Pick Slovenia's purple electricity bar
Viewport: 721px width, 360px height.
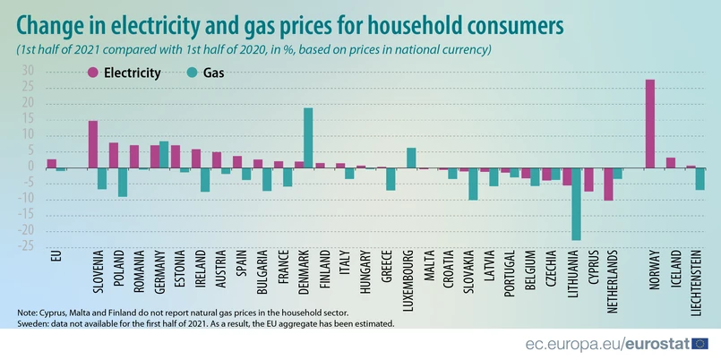click(92, 144)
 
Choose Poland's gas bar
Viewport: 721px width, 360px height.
click(123, 182)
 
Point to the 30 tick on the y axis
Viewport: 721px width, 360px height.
click(28, 71)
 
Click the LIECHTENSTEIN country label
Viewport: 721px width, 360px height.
click(700, 279)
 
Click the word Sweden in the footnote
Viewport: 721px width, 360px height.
click(34, 321)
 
